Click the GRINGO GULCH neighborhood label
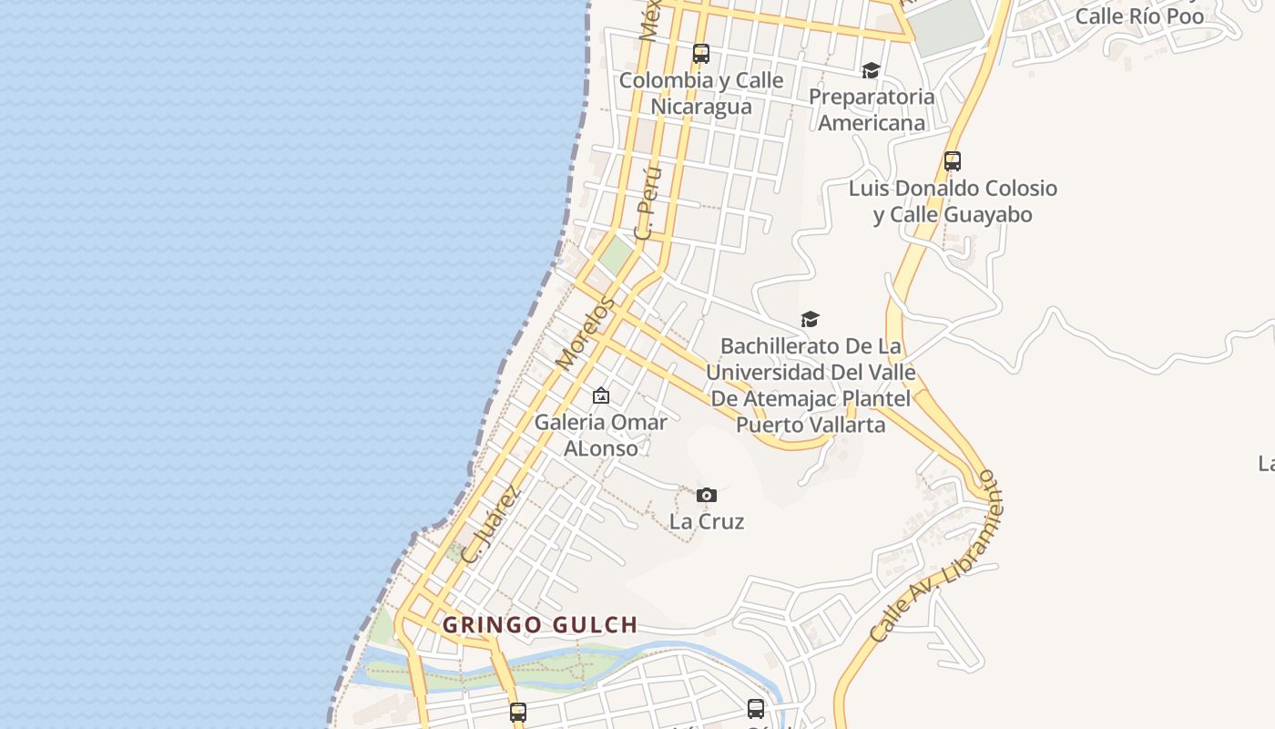tap(540, 625)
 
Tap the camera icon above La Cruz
tap(706, 496)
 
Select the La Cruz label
tap(707, 522)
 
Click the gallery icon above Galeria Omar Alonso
tap(600, 395)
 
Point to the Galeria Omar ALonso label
tap(600, 435)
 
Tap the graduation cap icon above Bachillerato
tap(810, 319)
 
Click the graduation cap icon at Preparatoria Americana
tap(871, 70)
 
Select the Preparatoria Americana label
tap(872, 109)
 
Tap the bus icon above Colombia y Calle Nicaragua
tap(700, 54)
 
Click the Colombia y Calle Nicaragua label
tap(701, 93)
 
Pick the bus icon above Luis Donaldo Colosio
tap(952, 161)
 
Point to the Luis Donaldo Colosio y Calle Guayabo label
tap(953, 201)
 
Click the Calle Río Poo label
tap(1139, 16)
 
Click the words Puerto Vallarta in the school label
tap(810, 425)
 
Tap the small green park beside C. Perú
tap(617, 254)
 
